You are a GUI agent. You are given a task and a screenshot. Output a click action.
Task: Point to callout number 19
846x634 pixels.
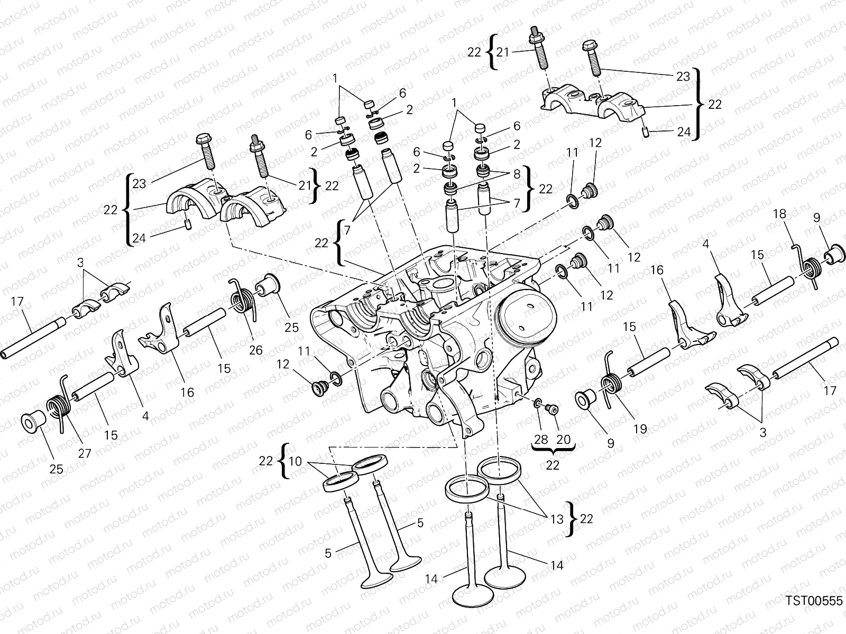(640, 428)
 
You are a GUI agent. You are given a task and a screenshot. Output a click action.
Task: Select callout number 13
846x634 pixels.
(557, 519)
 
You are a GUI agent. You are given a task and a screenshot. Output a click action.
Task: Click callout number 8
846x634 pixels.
(517, 173)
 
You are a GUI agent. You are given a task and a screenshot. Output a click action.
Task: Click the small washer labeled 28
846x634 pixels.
(537, 404)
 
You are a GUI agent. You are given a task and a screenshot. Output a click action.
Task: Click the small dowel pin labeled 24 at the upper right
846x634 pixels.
(647, 132)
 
